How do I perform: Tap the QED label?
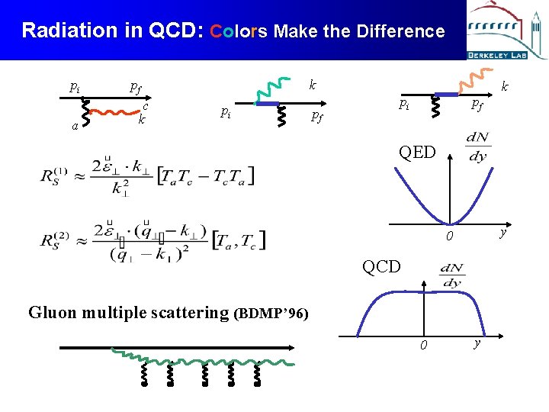pos(417,152)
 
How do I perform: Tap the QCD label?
pos(381,266)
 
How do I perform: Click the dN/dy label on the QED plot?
pos(477,147)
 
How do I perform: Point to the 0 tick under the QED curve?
pos(451,237)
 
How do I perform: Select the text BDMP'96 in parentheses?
pos(273,313)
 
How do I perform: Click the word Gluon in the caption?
pos(52,312)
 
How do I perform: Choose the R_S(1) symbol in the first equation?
pos(56,175)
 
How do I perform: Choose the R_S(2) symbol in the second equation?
pos(56,238)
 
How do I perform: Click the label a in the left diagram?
pos(75,125)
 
